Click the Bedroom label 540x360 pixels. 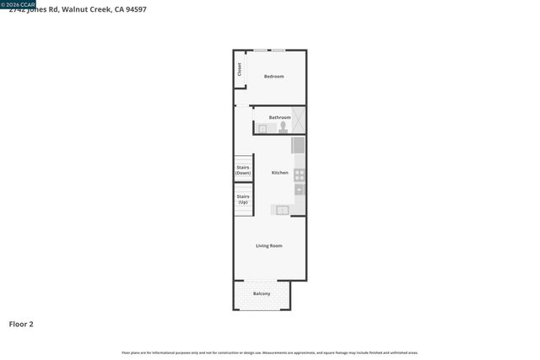[x=273, y=77]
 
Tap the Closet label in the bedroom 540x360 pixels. [x=240, y=69]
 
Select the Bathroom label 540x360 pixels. [x=279, y=117]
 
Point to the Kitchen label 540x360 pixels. [x=279, y=173]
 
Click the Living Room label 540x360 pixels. [x=269, y=245]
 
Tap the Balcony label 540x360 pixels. [x=262, y=293]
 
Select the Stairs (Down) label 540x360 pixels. [x=243, y=169]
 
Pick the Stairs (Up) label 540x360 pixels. [x=243, y=199]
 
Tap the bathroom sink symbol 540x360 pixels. [x=262, y=129]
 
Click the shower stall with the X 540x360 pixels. [x=298, y=121]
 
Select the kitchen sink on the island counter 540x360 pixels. [x=283, y=210]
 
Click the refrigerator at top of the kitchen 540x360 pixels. [x=298, y=145]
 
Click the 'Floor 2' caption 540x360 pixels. [x=21, y=324]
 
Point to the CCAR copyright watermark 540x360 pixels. [x=18, y=3]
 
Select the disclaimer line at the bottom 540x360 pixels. [x=270, y=352]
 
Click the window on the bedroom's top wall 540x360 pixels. [x=270, y=50]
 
